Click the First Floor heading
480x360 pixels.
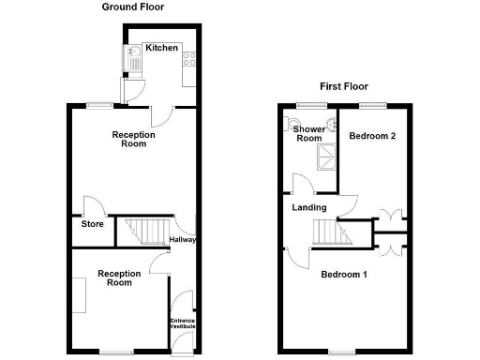(342, 85)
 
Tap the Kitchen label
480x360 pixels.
(161, 48)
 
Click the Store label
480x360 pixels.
(91, 224)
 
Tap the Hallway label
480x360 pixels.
(183, 240)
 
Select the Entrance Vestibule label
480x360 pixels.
(182, 323)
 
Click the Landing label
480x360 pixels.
(309, 207)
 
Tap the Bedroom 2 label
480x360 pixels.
(372, 137)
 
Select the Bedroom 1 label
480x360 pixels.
(344, 276)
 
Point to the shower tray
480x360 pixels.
(329, 157)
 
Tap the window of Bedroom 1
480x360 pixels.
(341, 352)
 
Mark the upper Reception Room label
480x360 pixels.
(133, 140)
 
